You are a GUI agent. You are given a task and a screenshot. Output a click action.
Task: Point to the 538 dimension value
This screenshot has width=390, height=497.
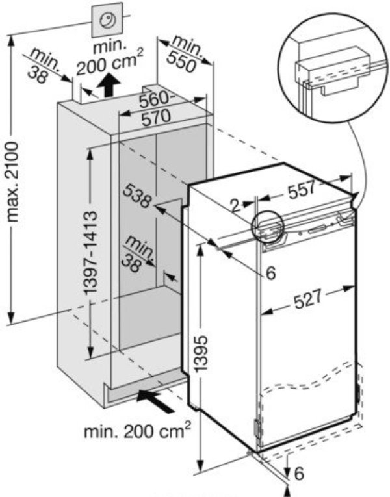click(x=137, y=198)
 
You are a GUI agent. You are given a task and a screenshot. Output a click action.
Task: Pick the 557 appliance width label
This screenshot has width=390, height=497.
click(x=301, y=189)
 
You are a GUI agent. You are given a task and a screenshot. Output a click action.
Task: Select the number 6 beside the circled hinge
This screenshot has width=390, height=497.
click(x=270, y=273)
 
